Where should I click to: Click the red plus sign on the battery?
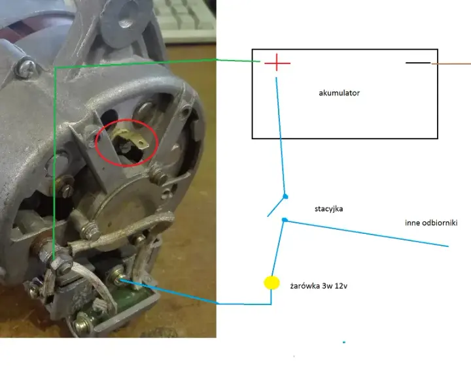[277, 63]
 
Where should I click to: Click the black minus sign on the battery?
[418, 63]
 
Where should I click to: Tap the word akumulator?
[339, 93]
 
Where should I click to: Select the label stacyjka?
[328, 209]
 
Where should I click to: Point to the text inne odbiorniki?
[431, 223]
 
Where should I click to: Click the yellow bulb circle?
[271, 283]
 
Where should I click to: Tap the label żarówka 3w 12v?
[319, 286]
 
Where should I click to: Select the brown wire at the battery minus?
[451, 63]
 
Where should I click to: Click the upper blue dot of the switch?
[285, 197]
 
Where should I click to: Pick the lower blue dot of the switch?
[285, 220]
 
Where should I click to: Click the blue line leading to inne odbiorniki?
[366, 233]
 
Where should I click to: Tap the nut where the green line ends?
[61, 264]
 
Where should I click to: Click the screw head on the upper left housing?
[26, 69]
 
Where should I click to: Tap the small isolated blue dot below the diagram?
[344, 342]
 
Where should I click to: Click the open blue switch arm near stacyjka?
[276, 206]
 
